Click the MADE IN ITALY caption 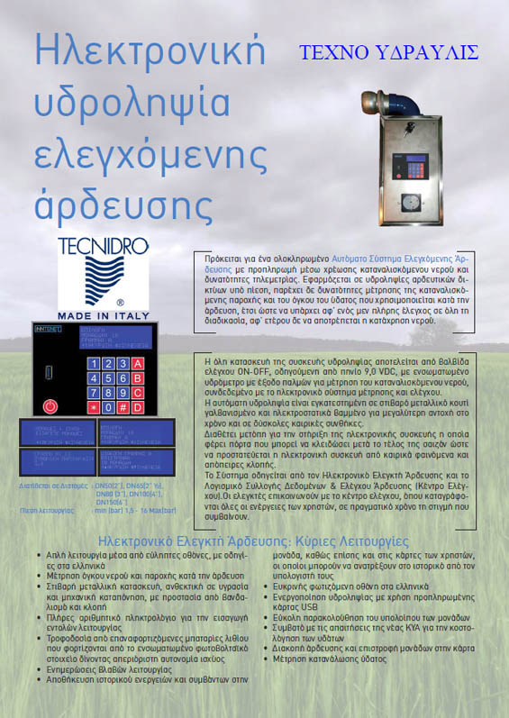(x=103, y=315)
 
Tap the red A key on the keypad (x=138, y=364)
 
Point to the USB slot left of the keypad (x=50, y=371)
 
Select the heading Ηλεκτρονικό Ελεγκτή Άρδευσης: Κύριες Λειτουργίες (x=254, y=541)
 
